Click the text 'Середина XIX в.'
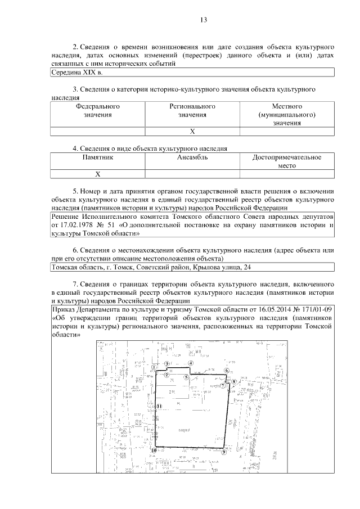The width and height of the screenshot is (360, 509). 77,73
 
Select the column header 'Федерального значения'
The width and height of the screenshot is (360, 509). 98,110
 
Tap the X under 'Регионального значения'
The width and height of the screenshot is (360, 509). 192,132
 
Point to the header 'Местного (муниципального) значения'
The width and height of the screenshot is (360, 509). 287,114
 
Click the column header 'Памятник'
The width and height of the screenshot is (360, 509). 98,158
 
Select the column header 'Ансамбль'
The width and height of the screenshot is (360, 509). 192,158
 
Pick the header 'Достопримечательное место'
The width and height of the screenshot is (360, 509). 287,162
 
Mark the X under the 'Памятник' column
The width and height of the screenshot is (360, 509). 98,174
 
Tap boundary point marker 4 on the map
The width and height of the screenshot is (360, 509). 191,363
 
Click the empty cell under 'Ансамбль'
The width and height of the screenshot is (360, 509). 192,174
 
